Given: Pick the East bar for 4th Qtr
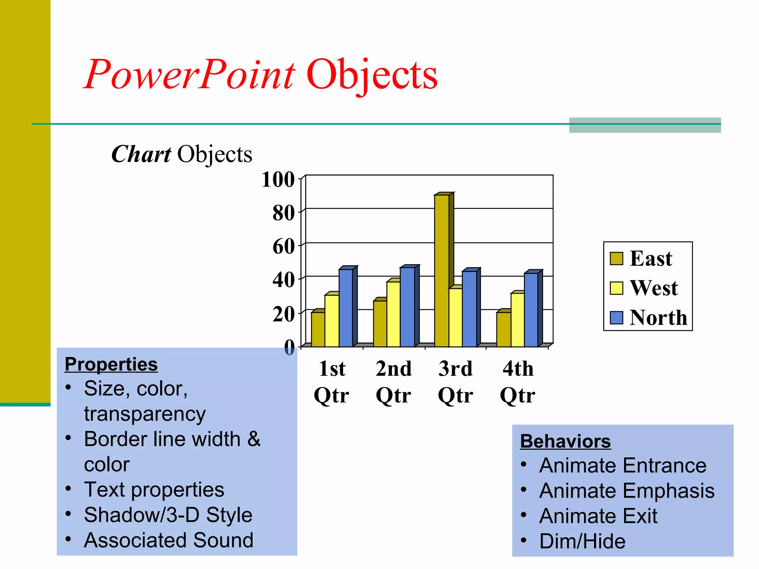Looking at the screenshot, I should coord(504,329).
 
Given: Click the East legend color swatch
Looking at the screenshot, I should coord(616,259).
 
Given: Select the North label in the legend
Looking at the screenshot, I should coord(658,318).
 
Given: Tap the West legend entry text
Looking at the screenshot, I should coord(654,288).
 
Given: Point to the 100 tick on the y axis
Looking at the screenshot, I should coord(278,180).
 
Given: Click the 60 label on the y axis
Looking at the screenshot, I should coord(284,247).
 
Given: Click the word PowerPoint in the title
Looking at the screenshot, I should coord(189,75).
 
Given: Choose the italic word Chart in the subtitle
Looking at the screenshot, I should coord(141,154).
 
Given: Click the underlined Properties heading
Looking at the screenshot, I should coord(111,364).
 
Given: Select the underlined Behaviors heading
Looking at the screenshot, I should coord(565,441).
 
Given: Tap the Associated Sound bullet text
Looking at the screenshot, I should coord(169,540).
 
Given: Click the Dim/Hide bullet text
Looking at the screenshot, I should coord(582,541).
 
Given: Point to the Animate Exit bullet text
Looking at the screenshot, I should coord(598,516).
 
